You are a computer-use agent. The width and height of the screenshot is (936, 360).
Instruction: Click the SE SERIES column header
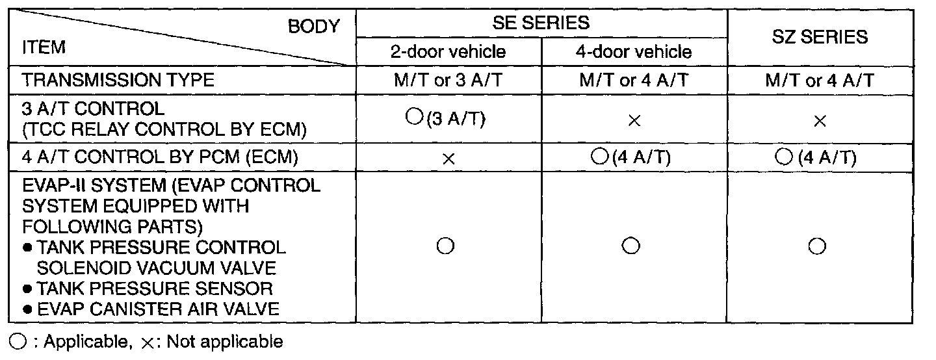click(x=541, y=23)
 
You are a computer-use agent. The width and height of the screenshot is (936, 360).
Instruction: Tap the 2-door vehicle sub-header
click(x=448, y=52)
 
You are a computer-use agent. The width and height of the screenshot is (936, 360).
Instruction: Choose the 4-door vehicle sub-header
click(x=634, y=52)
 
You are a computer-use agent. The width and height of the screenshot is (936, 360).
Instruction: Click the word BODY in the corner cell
click(x=314, y=26)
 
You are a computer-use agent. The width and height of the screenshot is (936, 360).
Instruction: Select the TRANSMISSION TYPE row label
click(x=118, y=81)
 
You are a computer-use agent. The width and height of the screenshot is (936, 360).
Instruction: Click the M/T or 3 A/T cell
click(x=448, y=81)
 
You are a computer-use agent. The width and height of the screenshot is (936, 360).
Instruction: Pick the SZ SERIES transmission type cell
click(x=819, y=81)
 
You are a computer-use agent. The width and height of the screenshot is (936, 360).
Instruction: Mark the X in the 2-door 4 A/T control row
click(x=447, y=159)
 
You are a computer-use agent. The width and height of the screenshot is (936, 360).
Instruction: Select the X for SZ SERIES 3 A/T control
click(x=820, y=122)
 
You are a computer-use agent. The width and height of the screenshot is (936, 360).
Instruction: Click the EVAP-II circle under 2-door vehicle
click(x=445, y=247)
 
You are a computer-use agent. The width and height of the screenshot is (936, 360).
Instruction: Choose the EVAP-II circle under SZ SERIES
click(x=818, y=247)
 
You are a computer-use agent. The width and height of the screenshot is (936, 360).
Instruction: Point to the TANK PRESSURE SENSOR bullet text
click(x=154, y=288)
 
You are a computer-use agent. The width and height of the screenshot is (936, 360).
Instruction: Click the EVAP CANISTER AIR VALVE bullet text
click(x=158, y=309)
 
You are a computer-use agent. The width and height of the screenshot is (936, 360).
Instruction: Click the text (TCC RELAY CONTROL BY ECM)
click(x=164, y=129)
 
